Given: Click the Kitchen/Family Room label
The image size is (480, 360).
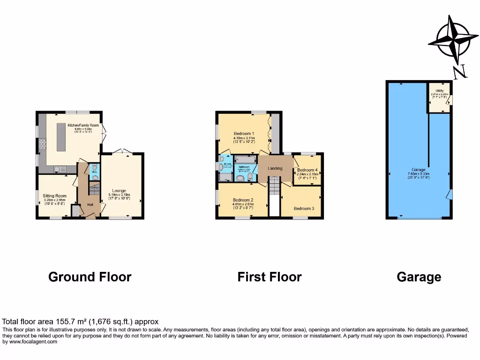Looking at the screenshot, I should click(83, 126).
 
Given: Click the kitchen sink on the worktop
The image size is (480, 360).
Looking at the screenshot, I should click(61, 169).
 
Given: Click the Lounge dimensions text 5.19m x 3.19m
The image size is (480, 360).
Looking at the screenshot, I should click(119, 195).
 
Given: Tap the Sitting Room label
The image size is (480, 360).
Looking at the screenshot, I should click(54, 196).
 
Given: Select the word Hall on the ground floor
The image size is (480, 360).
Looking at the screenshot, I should click(90, 204).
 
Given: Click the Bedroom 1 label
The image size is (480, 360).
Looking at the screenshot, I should click(244, 134).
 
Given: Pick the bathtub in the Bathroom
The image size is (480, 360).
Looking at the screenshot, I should click(245, 160).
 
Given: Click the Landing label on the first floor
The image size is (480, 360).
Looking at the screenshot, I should click(275, 168).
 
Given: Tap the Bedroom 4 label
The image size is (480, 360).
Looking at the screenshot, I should click(307, 170).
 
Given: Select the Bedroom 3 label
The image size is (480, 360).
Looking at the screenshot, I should click(304, 208).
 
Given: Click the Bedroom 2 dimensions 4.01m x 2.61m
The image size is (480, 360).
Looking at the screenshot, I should click(243, 204).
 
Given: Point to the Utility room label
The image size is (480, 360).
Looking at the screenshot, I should click(439, 91).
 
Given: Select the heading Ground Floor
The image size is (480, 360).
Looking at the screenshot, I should click(90, 277).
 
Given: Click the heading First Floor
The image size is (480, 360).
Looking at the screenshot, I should click(269, 277).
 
